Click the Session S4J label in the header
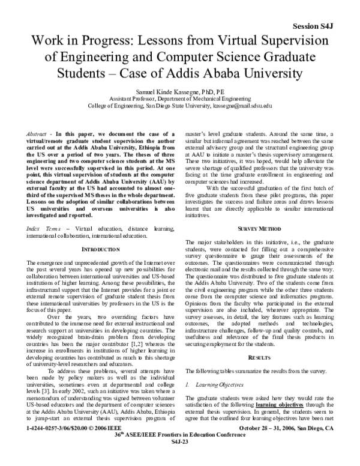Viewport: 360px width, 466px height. (x=325, y=10)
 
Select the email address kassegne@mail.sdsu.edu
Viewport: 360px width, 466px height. (x=243, y=104)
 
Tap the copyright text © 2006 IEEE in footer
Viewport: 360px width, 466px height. (x=114, y=446)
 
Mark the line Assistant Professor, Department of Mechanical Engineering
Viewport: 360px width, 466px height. (x=180, y=96)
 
